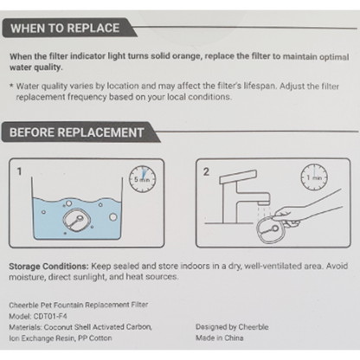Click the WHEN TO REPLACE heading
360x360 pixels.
coord(65,29)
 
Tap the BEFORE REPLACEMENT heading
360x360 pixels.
coord(77,132)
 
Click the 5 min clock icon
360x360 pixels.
coord(142,179)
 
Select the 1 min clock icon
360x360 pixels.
coord(314,177)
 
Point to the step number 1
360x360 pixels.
coord(19,171)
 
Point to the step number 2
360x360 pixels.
coord(206,171)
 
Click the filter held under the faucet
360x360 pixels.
coord(271,230)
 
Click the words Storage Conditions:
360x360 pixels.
coord(49,267)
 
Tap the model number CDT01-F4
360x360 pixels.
coord(50,316)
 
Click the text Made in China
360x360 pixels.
coord(220,337)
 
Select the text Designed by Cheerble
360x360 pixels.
coord(232,327)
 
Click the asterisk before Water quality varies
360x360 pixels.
coord(11,86)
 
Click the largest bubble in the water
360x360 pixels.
coord(113,216)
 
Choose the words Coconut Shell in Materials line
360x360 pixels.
coord(62,327)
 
